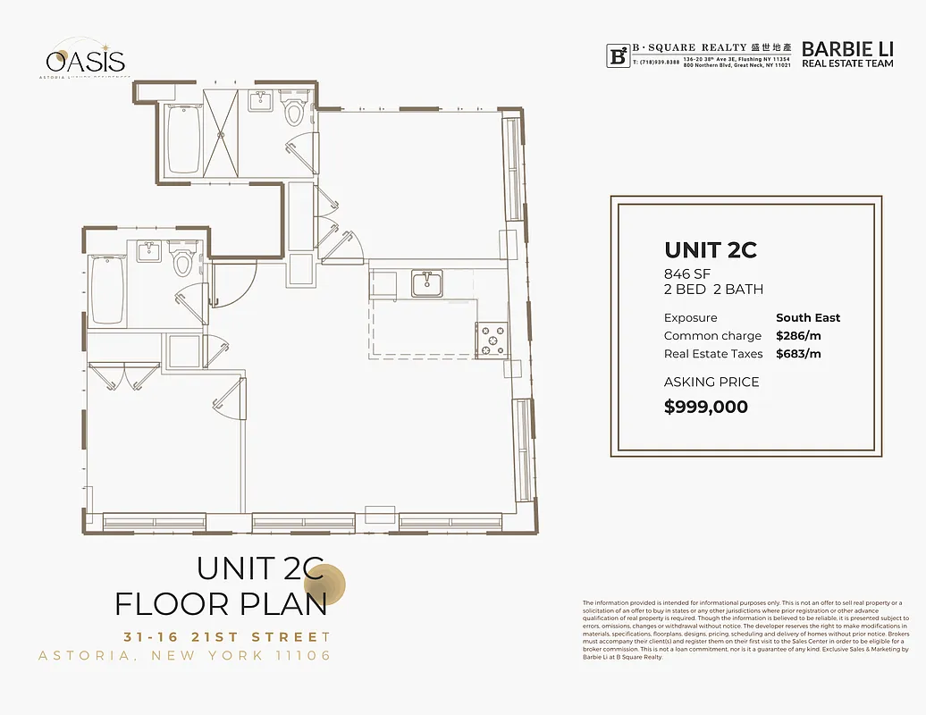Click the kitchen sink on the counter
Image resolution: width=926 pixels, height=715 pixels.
tap(427, 284)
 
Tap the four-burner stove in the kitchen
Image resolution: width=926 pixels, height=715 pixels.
tap(492, 340)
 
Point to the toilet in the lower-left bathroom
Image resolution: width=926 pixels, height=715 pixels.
tap(183, 261)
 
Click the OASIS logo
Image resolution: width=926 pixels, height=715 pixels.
tap(86, 61)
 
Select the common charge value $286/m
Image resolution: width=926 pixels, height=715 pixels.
tap(798, 336)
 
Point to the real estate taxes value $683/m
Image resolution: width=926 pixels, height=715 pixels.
tap(798, 354)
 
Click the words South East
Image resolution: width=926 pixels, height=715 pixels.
tap(808, 317)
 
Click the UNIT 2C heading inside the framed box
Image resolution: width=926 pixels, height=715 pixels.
tap(711, 250)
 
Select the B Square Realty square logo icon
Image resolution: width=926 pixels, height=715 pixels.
tap(617, 55)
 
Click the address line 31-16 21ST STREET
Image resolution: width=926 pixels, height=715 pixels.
tap(227, 637)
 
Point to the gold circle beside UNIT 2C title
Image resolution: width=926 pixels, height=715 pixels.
tap(335, 585)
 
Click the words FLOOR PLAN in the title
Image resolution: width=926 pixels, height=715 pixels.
tap(221, 604)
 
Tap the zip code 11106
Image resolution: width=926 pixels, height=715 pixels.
tap(300, 656)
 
